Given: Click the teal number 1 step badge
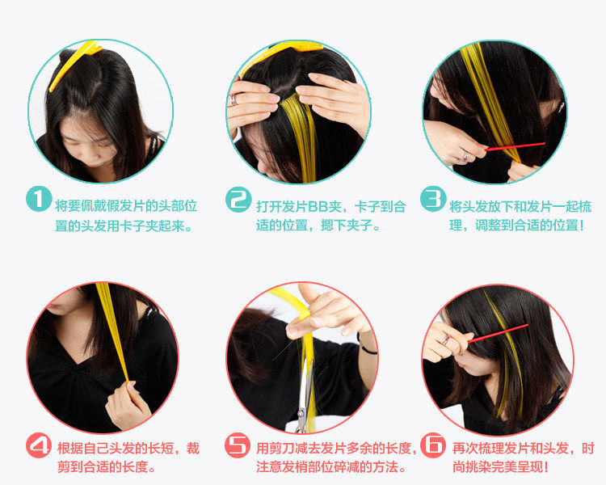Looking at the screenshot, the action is click(39, 199).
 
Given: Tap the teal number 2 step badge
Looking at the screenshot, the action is click(238, 199).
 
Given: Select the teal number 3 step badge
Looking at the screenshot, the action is click(433, 199).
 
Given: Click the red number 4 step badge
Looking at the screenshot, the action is click(39, 445).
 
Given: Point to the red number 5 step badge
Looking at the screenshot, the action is click(238, 445).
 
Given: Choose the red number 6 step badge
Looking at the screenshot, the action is click(433, 445).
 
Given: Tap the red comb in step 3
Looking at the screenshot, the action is click(515, 146).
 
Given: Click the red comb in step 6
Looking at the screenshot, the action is click(499, 333).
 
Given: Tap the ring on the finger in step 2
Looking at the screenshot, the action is click(233, 99).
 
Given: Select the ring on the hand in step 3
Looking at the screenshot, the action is click(465, 157).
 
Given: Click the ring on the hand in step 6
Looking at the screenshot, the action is click(446, 339).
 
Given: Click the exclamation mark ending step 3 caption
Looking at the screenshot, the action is click(582, 225).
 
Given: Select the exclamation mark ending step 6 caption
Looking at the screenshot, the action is click(545, 467).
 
